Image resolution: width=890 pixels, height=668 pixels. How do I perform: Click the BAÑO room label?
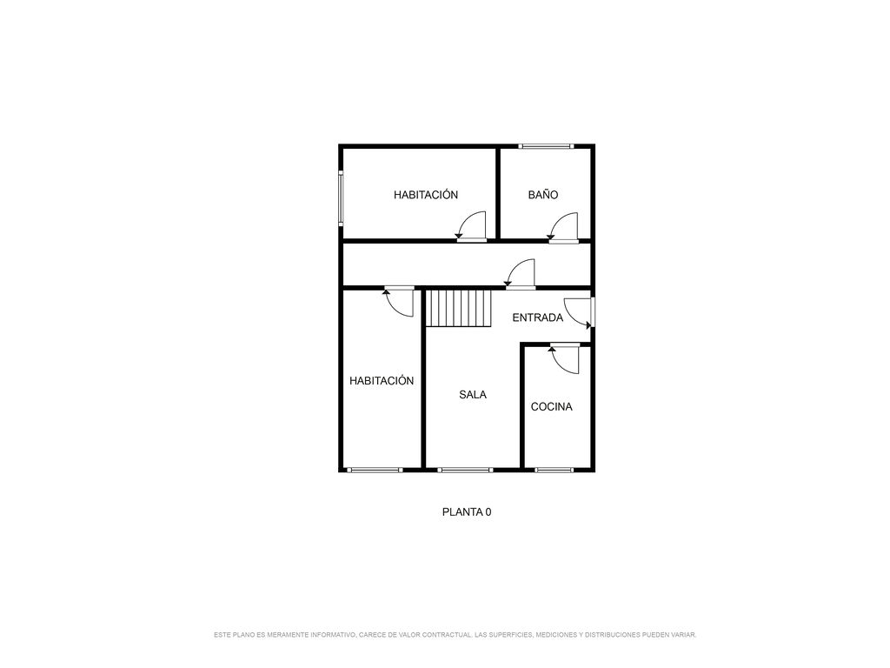542,195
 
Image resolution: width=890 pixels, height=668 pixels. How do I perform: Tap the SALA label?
473,395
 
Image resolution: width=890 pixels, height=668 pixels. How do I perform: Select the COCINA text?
551,407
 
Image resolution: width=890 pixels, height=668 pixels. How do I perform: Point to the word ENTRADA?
537,317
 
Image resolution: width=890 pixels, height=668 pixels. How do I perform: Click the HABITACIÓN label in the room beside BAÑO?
426,195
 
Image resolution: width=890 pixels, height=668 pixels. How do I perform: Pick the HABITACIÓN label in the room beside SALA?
382,381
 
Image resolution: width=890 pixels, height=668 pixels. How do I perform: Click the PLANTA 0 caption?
467,511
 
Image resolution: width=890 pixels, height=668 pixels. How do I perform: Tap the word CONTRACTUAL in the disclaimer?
447,634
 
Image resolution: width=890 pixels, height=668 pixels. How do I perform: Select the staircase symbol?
459,309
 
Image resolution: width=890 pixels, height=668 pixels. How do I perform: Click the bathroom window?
546,146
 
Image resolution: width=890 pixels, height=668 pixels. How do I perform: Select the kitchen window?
554,470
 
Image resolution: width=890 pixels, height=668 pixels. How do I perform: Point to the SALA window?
465,470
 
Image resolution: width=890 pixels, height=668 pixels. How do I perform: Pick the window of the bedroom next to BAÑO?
341,198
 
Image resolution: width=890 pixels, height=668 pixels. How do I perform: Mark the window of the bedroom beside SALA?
375,470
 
